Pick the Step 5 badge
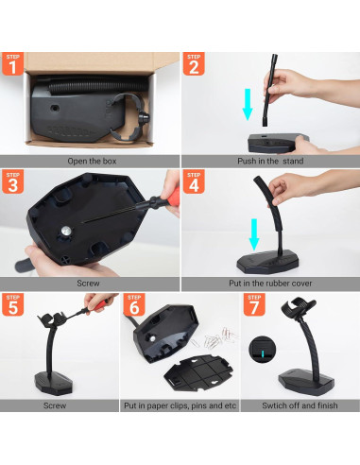tap(13, 305)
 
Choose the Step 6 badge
tap(133, 305)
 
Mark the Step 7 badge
tap(253, 305)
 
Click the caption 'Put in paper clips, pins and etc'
tap(179, 405)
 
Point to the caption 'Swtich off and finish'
tap(300, 405)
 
